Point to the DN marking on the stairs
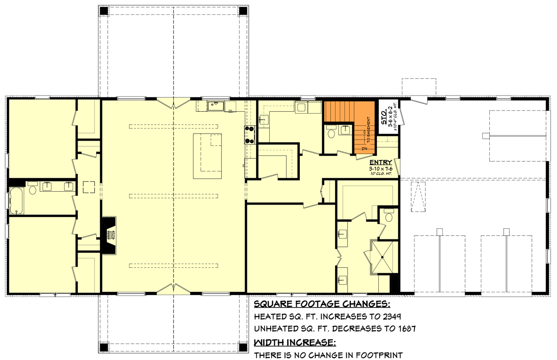click(x=364, y=148)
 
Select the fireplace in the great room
click(x=109, y=235)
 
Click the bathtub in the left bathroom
click(x=16, y=200)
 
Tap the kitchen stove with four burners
click(x=250, y=135)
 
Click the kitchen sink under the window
click(x=214, y=105)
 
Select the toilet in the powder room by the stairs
click(x=331, y=134)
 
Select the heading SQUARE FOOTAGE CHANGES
click(x=322, y=304)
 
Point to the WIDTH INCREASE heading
click(x=295, y=343)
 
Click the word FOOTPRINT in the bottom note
click(x=378, y=355)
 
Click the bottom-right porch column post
click(x=243, y=347)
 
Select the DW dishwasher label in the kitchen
click(x=230, y=110)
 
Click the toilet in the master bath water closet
click(x=389, y=216)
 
